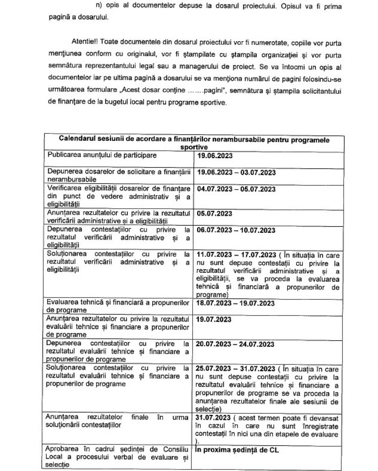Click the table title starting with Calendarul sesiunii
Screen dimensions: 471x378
(x=194, y=143)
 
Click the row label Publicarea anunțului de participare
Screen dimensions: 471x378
(x=102, y=155)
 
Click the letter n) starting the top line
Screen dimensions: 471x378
(x=93, y=7)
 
